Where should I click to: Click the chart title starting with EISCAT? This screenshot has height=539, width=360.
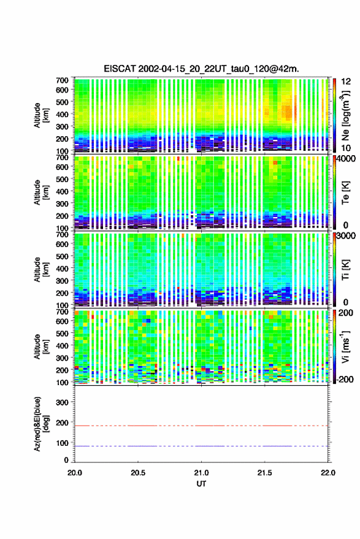[201, 69]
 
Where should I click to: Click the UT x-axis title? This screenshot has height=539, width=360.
[201, 484]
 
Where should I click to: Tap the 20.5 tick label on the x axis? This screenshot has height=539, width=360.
[138, 473]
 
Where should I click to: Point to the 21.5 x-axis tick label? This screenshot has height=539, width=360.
[264, 473]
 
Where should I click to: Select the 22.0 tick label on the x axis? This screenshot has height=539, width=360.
[328, 473]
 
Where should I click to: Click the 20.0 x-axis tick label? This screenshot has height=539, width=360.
[75, 473]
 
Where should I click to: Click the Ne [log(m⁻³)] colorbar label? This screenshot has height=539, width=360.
[345, 115]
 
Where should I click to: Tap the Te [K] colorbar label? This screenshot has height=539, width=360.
[345, 193]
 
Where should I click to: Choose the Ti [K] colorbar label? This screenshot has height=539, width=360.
[345, 270]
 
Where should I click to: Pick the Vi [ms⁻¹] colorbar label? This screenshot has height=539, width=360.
[345, 346]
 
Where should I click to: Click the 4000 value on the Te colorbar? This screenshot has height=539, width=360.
[347, 159]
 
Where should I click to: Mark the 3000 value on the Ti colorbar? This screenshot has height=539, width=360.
[347, 236]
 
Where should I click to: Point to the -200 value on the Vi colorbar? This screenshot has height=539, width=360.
[345, 380]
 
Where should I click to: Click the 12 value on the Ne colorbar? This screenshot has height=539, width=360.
[347, 82]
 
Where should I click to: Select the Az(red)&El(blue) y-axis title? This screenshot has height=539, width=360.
[41, 424]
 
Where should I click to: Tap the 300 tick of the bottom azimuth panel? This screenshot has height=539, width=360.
[62, 402]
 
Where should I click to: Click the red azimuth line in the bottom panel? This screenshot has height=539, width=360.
[201, 426]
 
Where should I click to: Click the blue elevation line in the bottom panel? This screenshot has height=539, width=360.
[201, 446]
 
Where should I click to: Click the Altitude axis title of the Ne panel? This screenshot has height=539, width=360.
[41, 115]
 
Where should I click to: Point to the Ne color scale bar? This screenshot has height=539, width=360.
[335, 115]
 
